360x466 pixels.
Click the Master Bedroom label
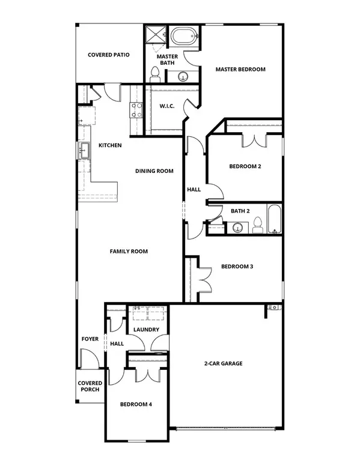tap(240, 70)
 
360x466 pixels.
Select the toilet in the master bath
tap(154, 73)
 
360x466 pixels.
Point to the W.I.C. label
tap(166, 106)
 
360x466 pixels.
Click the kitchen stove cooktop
tap(136, 109)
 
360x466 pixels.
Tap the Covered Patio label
tap(109, 55)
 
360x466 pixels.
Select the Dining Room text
tap(154, 171)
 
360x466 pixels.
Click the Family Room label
tap(129, 251)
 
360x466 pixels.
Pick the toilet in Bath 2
tap(257, 226)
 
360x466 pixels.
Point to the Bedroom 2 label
tap(245, 166)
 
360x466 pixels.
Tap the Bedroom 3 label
tap(237, 267)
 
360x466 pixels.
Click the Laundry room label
tap(146, 330)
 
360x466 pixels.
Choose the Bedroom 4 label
tap(136, 405)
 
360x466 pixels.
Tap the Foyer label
tap(90, 339)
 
